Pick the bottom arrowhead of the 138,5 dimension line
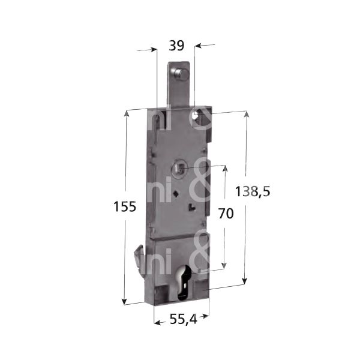pyautogui.click(x=245, y=281)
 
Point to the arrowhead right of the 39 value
pyautogui.click(x=200, y=45)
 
